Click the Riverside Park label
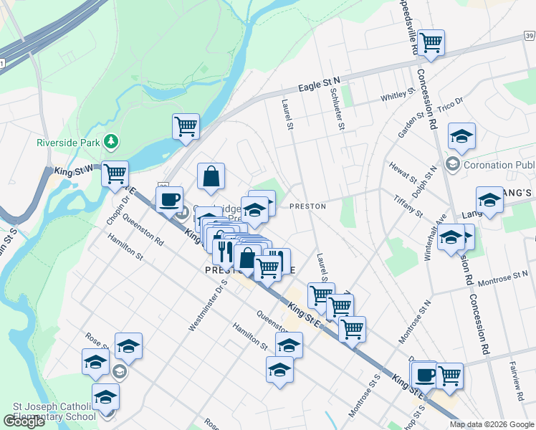(x=68, y=143)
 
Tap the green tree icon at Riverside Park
(x=110, y=141)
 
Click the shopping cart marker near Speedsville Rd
(x=431, y=44)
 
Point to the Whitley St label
(x=398, y=95)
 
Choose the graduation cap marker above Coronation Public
(x=462, y=136)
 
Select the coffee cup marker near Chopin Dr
(x=169, y=200)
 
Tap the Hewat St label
(x=403, y=172)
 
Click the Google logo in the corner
(x=24, y=421)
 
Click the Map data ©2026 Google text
(x=492, y=424)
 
